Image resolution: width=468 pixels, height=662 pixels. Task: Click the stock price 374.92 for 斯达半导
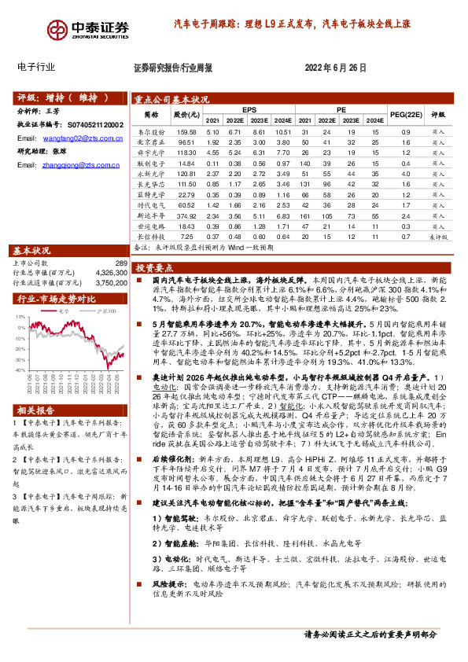tap(186, 214)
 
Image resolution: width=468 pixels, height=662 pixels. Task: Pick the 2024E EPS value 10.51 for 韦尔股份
tap(283, 132)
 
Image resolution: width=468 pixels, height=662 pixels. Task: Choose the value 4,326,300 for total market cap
tap(110, 272)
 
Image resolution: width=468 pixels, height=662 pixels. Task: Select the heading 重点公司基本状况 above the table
tap(171, 100)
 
